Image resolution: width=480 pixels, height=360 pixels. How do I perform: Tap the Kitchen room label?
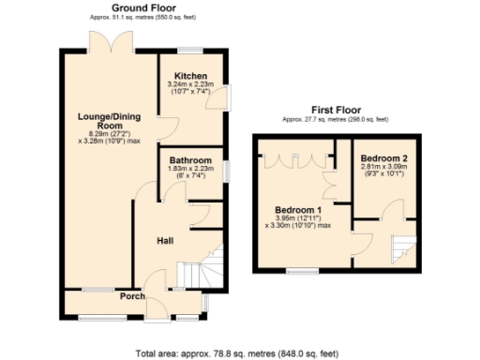click(190, 76)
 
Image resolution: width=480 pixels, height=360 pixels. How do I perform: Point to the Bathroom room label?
click(190, 160)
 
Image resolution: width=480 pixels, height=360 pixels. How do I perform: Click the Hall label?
click(164, 241)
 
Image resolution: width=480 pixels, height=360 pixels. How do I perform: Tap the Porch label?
click(131, 297)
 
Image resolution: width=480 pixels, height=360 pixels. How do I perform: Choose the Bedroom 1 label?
click(298, 209)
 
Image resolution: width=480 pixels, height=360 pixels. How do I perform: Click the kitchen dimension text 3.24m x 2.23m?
click(190, 84)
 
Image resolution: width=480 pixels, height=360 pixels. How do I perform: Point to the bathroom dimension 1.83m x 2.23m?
click(190, 169)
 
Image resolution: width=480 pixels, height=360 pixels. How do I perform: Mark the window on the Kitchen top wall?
click(192, 49)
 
